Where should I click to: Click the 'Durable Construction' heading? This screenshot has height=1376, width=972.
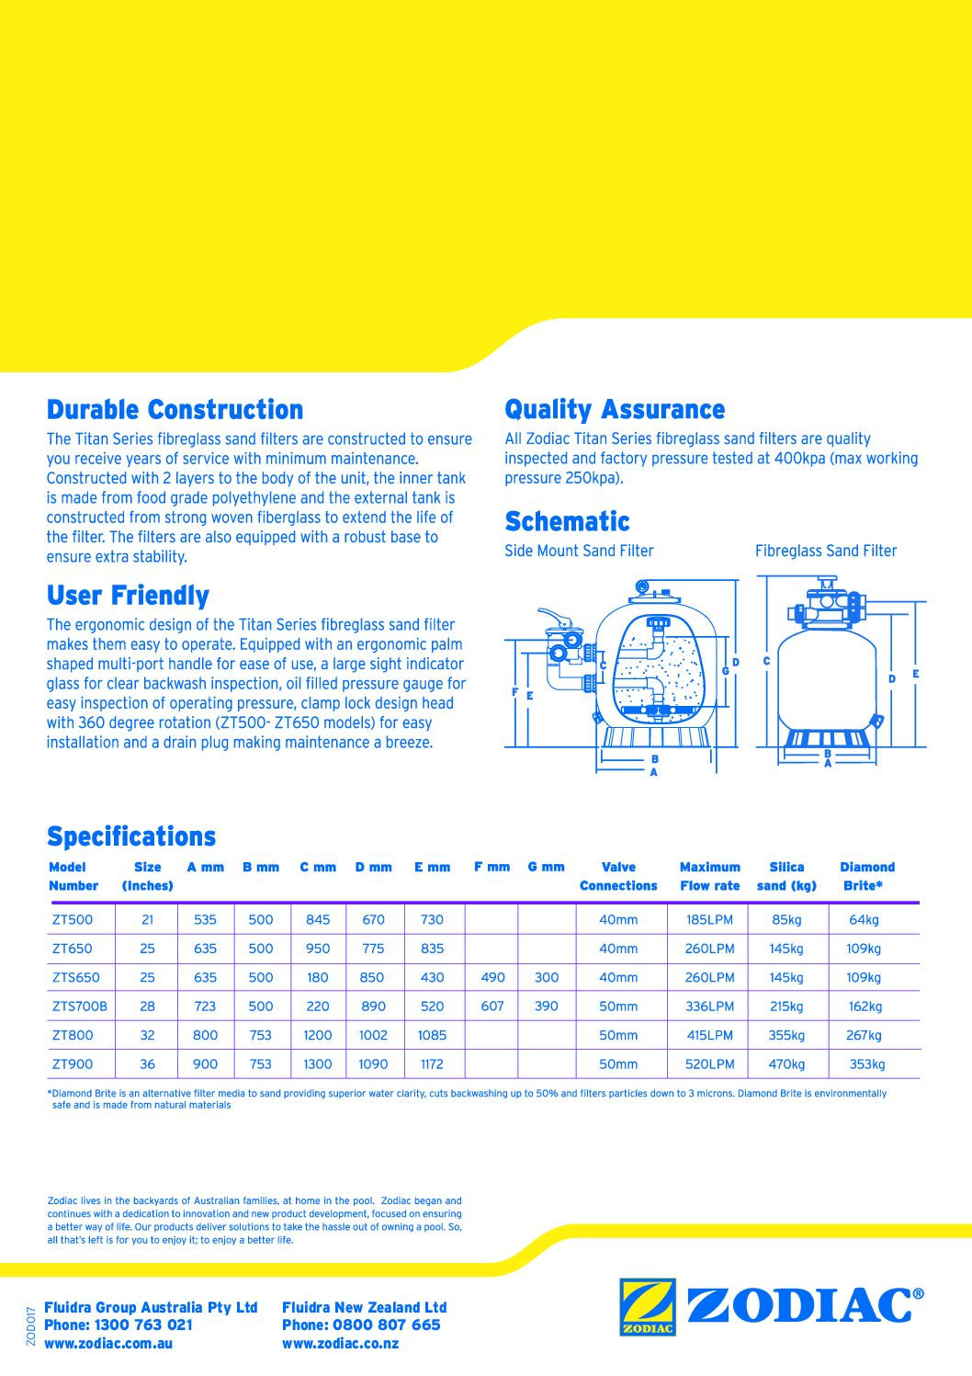[x=175, y=410]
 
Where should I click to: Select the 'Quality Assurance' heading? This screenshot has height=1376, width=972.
[x=614, y=410]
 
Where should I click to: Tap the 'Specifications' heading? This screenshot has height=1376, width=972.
[x=131, y=836]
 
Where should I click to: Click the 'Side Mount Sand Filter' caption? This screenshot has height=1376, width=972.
[x=579, y=552]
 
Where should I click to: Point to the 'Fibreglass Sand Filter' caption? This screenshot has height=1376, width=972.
[x=825, y=552]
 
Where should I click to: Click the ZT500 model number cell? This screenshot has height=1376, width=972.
[x=73, y=920]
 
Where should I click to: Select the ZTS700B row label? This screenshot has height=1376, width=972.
[x=79, y=1006]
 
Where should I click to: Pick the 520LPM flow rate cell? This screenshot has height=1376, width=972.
[x=709, y=1064]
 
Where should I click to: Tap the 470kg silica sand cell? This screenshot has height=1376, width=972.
[x=786, y=1064]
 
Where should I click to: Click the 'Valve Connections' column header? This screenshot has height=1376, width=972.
[x=618, y=877]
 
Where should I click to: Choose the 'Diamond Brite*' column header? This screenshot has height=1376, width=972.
[x=866, y=877]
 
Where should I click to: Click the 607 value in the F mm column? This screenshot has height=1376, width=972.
[x=492, y=1006]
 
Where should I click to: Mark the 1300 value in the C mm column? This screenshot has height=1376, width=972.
[x=317, y=1064]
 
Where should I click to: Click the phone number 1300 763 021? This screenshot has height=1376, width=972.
[x=143, y=1325]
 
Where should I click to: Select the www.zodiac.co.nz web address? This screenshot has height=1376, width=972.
[x=340, y=1344]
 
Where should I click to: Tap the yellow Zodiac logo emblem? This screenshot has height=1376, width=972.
[x=648, y=1306]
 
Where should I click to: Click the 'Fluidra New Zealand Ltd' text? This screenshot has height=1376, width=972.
[x=364, y=1307]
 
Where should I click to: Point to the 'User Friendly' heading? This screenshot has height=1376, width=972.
[x=128, y=596]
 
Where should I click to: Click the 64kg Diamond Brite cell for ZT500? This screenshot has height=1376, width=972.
[x=864, y=920]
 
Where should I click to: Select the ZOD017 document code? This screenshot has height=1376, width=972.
[x=31, y=1325]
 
